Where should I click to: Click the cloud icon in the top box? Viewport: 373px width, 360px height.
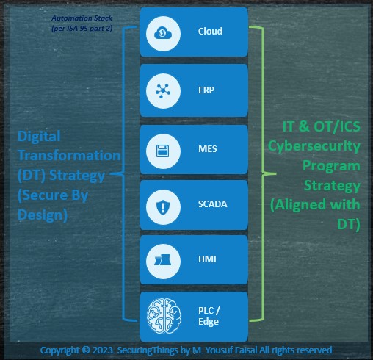click(163, 33)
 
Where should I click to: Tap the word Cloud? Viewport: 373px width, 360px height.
click(210, 31)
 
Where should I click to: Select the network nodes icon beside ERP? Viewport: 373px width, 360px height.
click(163, 91)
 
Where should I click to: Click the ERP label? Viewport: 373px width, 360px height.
click(206, 90)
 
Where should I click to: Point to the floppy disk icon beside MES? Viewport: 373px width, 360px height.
click(163, 151)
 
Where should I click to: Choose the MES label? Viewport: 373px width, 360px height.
click(208, 148)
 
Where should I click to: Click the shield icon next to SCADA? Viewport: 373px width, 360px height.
click(163, 207)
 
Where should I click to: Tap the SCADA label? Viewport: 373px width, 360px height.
click(212, 204)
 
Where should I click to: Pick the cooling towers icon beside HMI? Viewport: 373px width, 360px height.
click(162, 259)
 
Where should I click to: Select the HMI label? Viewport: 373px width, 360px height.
click(207, 259)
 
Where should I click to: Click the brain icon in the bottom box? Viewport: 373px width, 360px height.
click(164, 316)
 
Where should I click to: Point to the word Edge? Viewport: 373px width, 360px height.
click(209, 322)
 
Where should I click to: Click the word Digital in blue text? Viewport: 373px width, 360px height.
click(39, 137)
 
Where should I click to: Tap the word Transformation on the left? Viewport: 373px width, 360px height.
click(69, 155)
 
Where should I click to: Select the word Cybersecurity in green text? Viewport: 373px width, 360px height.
click(314, 146)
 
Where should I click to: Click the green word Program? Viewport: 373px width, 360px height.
click(331, 166)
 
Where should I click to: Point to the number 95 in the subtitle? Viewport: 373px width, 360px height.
click(84, 29)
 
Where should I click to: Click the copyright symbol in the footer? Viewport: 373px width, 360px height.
click(86, 350)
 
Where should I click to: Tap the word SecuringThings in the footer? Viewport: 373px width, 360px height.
click(148, 350)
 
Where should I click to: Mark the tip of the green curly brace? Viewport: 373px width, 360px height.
click(276, 173)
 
